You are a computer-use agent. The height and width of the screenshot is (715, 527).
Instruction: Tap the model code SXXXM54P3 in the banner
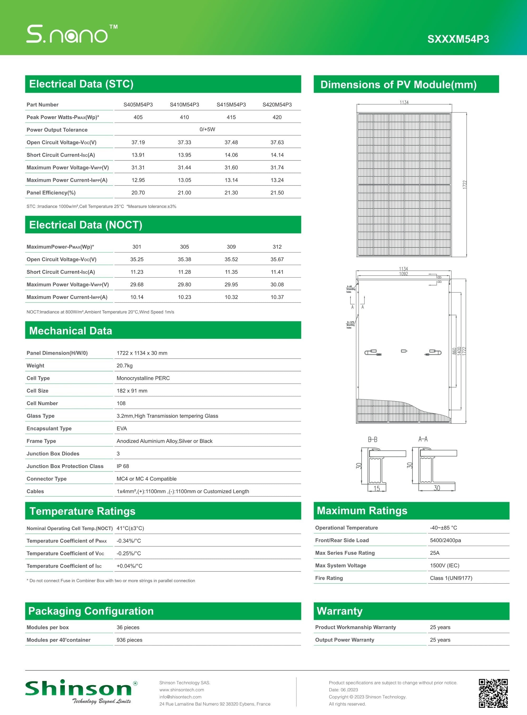click(x=458, y=39)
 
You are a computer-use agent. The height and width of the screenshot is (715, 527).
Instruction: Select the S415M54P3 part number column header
click(x=231, y=105)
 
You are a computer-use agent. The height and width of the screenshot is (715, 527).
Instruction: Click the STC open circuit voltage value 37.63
click(x=277, y=142)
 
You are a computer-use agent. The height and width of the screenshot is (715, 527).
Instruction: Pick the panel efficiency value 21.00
click(x=184, y=193)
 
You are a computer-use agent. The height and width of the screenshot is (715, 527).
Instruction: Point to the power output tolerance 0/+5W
click(x=207, y=129)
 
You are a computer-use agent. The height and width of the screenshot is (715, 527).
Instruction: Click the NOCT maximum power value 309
click(x=231, y=247)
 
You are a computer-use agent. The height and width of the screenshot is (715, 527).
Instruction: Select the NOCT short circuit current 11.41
click(x=277, y=272)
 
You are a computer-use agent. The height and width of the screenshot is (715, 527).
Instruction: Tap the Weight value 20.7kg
click(x=124, y=366)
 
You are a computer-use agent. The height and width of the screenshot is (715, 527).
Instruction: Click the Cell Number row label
click(x=42, y=403)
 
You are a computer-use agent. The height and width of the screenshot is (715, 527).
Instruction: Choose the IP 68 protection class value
click(x=123, y=466)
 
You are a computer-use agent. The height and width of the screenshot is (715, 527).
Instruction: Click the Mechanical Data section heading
click(x=71, y=330)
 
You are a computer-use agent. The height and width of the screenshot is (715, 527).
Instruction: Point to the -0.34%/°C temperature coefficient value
click(x=129, y=541)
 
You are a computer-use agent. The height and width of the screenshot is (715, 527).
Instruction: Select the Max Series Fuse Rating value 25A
click(x=435, y=553)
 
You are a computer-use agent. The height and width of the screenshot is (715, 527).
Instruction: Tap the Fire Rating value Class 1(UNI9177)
click(x=451, y=578)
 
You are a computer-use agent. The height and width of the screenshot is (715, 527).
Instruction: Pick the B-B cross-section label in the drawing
click(x=372, y=440)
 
